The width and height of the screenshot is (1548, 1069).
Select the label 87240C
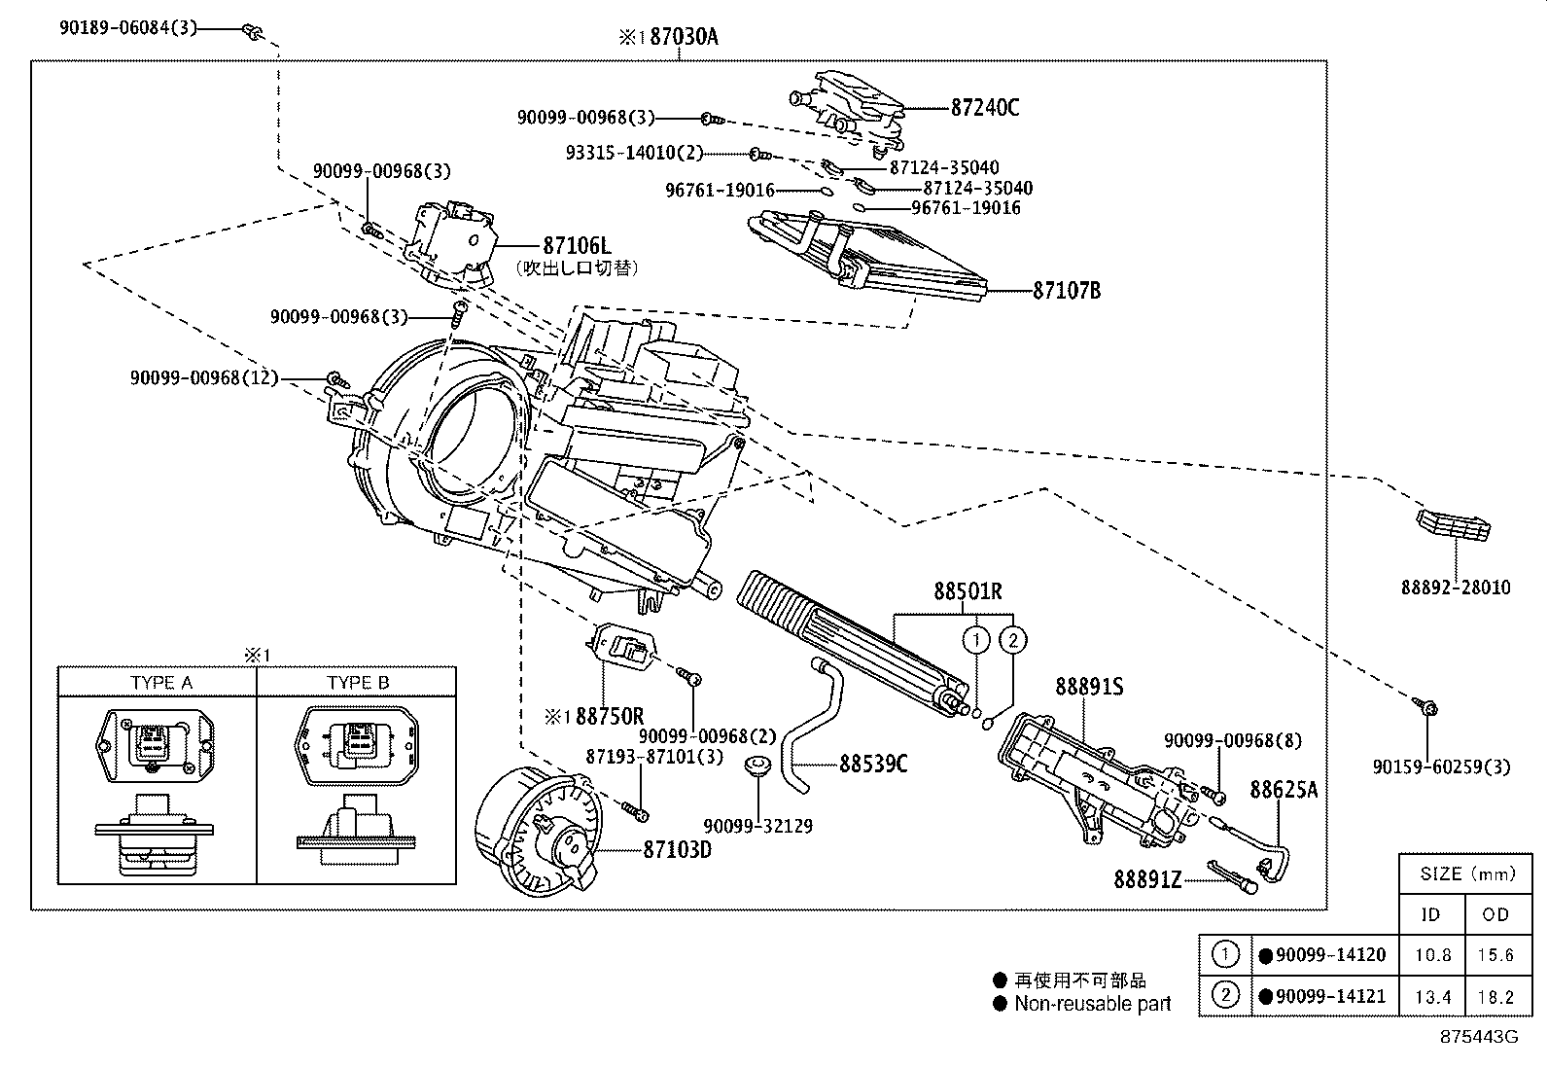[x=984, y=107]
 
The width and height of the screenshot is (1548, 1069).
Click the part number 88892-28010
[x=1456, y=588]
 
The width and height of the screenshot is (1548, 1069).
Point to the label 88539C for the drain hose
[x=872, y=764]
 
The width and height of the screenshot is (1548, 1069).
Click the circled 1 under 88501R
[x=975, y=639]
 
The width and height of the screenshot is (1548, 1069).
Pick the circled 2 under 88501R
[x=1012, y=639]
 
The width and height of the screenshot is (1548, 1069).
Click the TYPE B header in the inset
[x=358, y=683]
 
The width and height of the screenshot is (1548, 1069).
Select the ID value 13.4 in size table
[x=1431, y=996]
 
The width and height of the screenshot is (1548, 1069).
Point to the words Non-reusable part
[x=1092, y=1004]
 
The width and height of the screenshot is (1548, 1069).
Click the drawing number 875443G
[x=1478, y=1037]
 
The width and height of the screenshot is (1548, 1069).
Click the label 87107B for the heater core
[x=1066, y=290]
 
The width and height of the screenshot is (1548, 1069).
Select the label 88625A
[x=1283, y=790]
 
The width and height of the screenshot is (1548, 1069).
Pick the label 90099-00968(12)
[x=204, y=376]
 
